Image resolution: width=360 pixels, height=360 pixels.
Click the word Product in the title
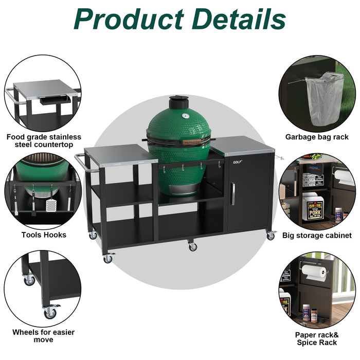click(x=128, y=19)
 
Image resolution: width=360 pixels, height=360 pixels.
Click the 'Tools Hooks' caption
click(x=44, y=235)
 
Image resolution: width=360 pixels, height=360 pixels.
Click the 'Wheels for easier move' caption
click(x=43, y=336)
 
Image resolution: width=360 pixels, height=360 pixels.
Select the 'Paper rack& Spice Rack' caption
click(x=316, y=338)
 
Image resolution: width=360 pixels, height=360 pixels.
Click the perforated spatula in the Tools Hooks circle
click(x=51, y=204)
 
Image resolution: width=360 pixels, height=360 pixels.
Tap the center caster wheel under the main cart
click(x=193, y=246)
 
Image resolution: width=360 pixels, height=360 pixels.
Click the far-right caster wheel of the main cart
click(x=271, y=236)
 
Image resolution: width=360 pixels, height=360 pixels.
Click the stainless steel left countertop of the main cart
click(x=118, y=153)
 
